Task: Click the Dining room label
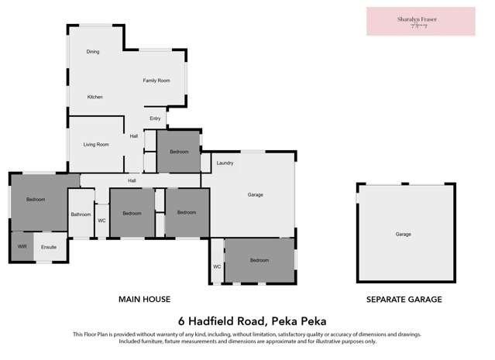click(93, 51)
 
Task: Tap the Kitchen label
click(95, 97)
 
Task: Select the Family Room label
click(156, 81)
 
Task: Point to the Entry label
click(155, 118)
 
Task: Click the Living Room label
click(96, 144)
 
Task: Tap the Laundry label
click(225, 163)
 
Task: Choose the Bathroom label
click(81, 214)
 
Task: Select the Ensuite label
click(49, 247)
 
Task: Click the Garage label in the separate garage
click(403, 234)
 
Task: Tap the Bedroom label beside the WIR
click(36, 200)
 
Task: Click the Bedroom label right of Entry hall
click(179, 152)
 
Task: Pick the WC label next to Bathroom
click(101, 221)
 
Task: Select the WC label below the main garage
click(217, 267)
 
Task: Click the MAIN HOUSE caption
click(144, 299)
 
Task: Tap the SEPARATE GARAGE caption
click(404, 299)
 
